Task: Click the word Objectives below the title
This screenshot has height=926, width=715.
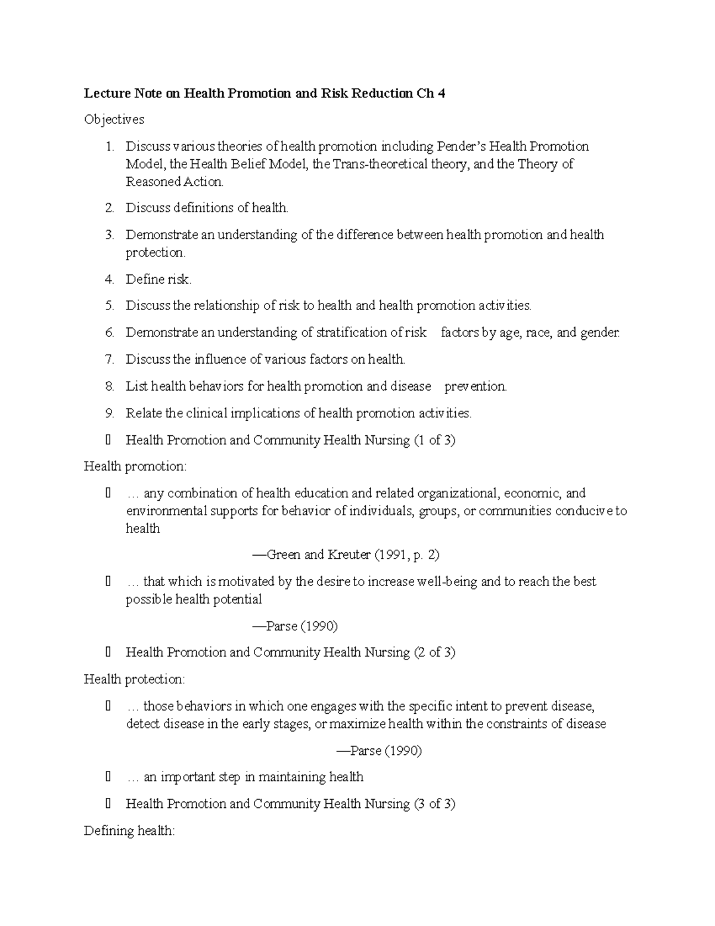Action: point(114,120)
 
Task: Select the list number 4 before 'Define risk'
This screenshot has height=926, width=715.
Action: point(109,279)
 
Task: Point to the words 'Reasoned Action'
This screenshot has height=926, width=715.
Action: point(174,182)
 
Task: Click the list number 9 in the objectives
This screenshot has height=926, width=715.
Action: point(109,413)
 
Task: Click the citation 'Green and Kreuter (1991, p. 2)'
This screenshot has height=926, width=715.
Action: point(346,555)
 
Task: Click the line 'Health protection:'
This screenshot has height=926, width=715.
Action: point(135,679)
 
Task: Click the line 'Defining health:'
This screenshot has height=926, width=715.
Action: point(129,831)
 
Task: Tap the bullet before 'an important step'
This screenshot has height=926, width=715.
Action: point(108,777)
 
